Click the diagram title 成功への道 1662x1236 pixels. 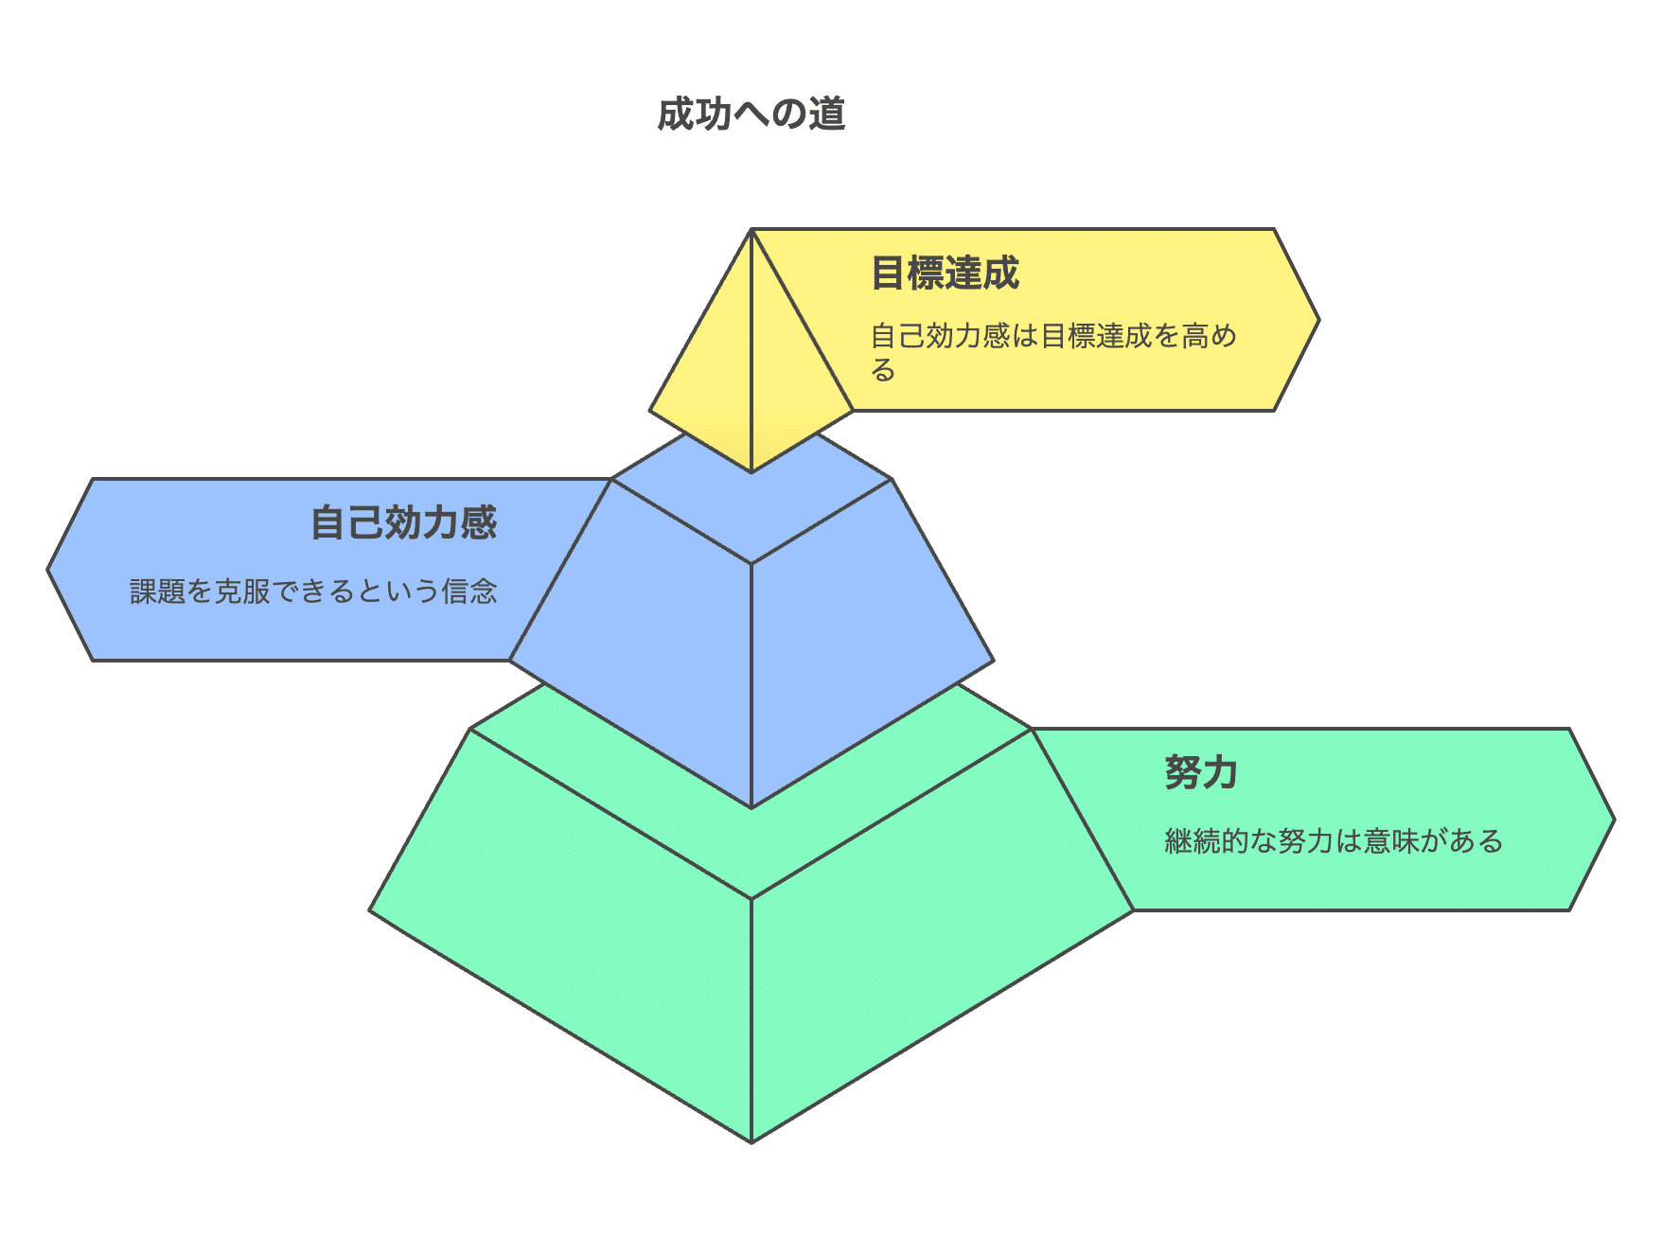point(751,115)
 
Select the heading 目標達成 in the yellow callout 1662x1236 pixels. point(945,274)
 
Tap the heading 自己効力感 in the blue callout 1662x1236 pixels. point(404,523)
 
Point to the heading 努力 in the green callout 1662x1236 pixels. point(1200,773)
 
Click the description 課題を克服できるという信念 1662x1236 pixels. point(313,592)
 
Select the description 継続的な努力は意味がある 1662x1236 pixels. point(1334,841)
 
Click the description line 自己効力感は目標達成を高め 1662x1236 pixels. point(1053,336)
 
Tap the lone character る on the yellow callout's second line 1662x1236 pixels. point(883,370)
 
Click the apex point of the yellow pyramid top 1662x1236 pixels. point(751,230)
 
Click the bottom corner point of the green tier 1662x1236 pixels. point(751,1141)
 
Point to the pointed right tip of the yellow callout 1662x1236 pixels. point(1317,320)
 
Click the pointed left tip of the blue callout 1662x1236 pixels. point(49,570)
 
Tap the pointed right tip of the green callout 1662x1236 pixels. point(1613,820)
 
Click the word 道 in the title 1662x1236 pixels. point(827,115)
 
